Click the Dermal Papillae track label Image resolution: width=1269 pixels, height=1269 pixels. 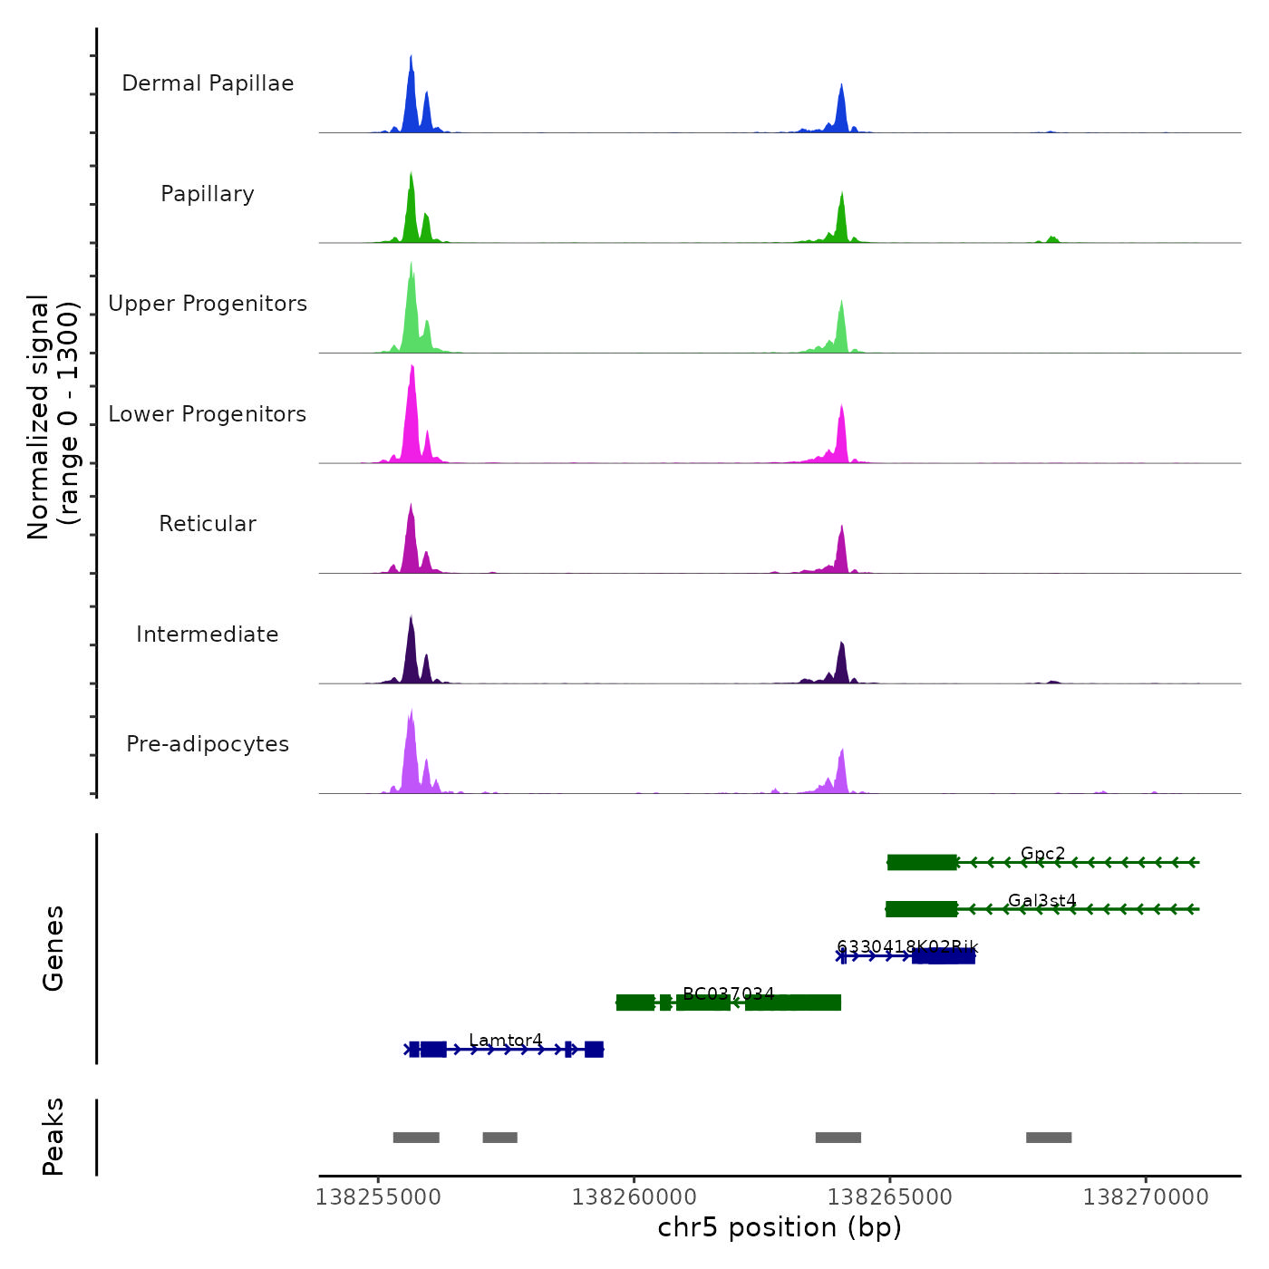click(208, 83)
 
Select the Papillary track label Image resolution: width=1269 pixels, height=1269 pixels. click(208, 194)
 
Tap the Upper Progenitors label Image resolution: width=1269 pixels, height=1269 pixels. click(208, 304)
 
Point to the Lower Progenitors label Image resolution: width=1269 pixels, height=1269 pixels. click(208, 414)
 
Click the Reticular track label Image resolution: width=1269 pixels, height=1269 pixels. click(208, 524)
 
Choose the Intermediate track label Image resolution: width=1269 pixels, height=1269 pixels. click(208, 634)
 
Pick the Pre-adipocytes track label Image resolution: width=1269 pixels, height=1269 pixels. click(208, 744)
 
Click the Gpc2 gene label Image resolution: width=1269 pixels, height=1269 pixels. click(1042, 853)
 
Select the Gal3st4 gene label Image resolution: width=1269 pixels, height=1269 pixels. click(1041, 900)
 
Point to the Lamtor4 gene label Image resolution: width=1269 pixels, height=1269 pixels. click(506, 1040)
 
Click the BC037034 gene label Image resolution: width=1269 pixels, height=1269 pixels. click(728, 993)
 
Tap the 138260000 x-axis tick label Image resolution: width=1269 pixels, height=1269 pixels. click(634, 1197)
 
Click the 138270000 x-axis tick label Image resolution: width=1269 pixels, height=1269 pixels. click(1146, 1197)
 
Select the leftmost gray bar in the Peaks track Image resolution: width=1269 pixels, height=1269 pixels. click(416, 1138)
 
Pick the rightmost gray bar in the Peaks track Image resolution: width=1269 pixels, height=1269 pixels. click(1049, 1138)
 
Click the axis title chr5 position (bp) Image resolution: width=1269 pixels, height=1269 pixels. click(780, 1227)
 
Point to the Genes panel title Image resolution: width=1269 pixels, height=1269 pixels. click(53, 948)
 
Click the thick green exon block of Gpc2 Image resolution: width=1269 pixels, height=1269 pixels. click(922, 862)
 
